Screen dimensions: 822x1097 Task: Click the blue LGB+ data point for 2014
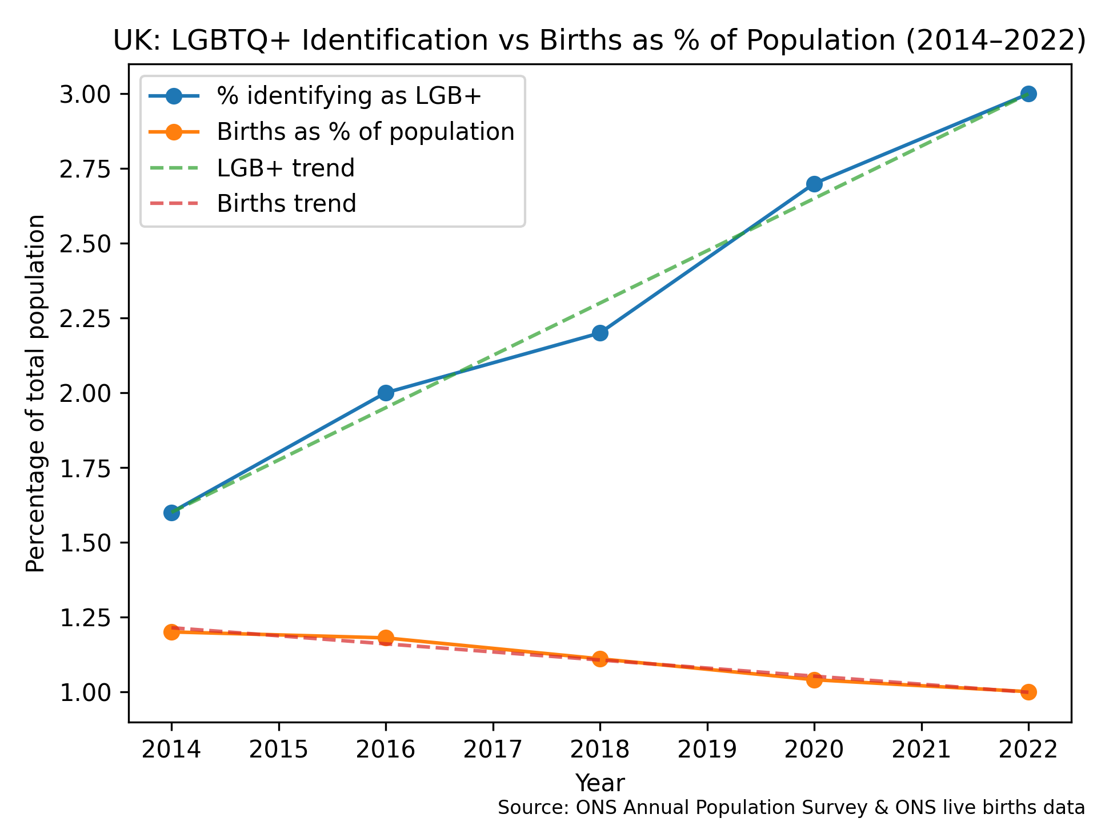[171, 513]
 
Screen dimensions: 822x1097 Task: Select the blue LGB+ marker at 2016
[386, 393]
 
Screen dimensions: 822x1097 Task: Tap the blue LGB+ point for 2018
[600, 333]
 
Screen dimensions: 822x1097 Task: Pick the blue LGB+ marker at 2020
[814, 184]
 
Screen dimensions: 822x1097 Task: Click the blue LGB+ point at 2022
[1028, 94]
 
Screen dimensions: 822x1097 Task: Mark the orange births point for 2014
[171, 632]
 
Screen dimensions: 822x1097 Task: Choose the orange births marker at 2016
[386, 638]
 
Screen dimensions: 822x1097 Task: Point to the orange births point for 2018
[600, 659]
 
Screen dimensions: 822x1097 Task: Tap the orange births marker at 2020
[814, 680]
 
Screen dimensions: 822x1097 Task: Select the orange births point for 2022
[1028, 692]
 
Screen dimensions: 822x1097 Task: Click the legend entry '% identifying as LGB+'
[349, 96]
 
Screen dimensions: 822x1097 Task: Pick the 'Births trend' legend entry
[286, 203]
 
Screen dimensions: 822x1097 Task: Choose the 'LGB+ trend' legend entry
[286, 168]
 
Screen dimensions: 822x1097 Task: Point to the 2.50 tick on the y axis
[88, 244]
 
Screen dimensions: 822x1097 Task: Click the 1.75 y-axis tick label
[88, 468]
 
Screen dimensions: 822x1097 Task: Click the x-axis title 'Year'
[600, 783]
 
